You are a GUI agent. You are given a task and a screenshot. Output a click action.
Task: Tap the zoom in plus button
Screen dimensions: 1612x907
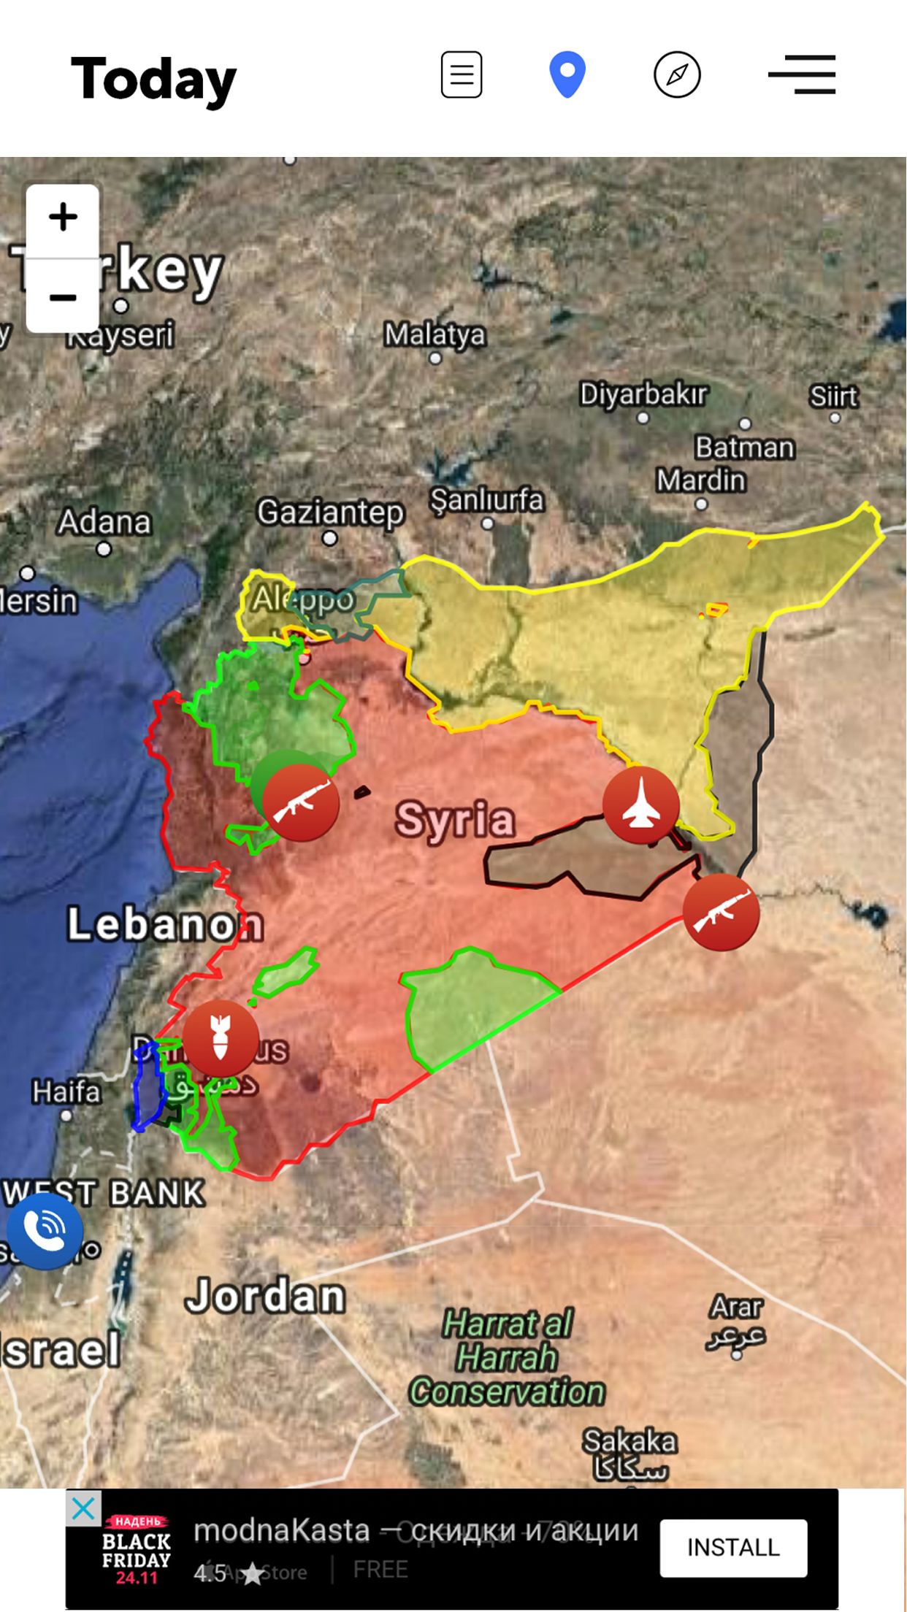click(63, 218)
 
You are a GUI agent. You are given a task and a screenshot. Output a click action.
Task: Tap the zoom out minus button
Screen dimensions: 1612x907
click(63, 297)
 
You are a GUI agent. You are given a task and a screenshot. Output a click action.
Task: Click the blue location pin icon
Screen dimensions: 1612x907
click(567, 74)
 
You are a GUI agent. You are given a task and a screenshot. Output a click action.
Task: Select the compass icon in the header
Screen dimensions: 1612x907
click(677, 74)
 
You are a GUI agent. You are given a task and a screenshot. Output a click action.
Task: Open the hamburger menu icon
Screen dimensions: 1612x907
click(802, 74)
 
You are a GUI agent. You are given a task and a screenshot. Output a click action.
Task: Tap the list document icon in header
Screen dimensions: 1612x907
click(462, 74)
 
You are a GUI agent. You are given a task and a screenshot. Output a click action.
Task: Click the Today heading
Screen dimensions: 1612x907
click(154, 79)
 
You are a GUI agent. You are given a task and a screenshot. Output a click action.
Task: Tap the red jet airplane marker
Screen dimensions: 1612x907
click(640, 805)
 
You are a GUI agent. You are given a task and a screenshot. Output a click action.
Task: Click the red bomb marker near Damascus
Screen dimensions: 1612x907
click(220, 1038)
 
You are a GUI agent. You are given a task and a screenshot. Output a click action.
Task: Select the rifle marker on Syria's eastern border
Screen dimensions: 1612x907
click(721, 913)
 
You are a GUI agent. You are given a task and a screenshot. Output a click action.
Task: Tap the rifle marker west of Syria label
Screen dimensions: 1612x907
click(301, 803)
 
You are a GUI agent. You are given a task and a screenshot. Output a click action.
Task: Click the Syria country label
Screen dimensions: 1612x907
click(455, 819)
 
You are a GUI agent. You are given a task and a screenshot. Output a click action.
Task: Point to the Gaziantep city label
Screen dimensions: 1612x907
click(330, 513)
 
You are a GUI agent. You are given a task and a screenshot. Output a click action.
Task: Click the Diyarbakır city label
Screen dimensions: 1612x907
click(643, 395)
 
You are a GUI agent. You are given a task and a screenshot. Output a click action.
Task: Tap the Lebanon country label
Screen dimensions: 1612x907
click(165, 924)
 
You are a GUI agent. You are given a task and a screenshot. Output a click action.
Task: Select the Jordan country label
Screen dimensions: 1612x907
click(265, 1296)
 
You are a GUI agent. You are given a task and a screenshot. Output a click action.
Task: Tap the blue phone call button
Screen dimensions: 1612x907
click(45, 1231)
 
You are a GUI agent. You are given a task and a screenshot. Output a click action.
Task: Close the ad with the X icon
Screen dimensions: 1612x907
click(83, 1508)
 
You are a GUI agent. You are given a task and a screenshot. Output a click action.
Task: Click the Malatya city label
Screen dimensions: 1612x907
click(435, 335)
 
